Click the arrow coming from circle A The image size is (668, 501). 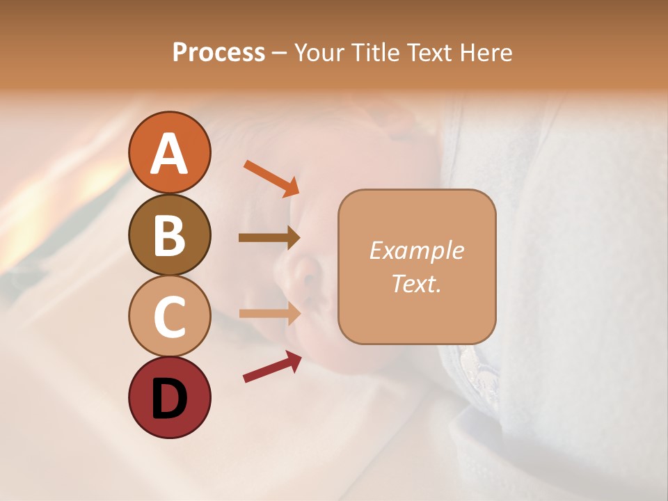(271, 178)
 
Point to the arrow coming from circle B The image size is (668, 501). (269, 238)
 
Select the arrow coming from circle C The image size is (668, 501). (269, 314)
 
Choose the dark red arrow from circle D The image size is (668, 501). (272, 367)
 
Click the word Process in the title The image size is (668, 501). (218, 52)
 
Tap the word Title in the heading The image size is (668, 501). (374, 52)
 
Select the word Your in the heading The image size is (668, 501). (320, 52)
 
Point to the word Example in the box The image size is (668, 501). (416, 250)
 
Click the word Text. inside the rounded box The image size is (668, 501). (416, 283)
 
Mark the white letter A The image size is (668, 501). (169, 154)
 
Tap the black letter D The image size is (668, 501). (169, 399)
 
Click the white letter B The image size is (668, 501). (169, 235)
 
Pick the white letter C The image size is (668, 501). (169, 317)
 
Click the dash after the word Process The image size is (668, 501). (279, 53)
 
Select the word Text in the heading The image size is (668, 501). (427, 52)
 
